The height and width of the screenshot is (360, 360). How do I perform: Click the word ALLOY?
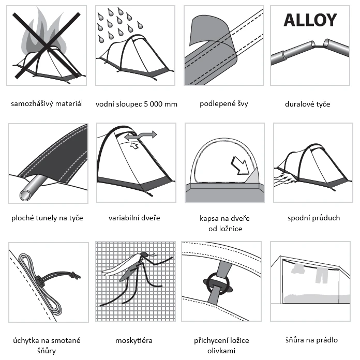(x=310, y=20)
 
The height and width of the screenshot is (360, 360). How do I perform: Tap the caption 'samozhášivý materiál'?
(x=47, y=104)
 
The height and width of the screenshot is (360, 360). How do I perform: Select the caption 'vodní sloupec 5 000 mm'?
(x=137, y=104)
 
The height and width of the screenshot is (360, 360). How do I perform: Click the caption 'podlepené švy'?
(x=224, y=104)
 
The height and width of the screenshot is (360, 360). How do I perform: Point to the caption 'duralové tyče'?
(x=307, y=104)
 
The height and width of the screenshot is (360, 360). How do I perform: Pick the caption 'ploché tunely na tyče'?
(x=47, y=218)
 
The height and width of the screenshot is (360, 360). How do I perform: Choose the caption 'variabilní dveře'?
(x=134, y=218)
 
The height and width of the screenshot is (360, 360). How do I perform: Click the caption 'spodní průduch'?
(x=313, y=218)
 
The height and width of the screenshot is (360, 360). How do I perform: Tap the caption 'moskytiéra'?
(x=134, y=340)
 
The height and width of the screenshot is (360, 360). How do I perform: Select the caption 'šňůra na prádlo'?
(x=311, y=340)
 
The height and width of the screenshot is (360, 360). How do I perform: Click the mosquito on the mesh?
(x=136, y=276)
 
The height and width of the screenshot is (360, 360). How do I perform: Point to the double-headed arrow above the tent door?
(x=141, y=135)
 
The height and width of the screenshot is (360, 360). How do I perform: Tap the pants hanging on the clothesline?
(x=322, y=275)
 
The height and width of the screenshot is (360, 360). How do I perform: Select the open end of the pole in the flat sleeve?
(x=25, y=195)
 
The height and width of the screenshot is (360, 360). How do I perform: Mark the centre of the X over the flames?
(x=47, y=45)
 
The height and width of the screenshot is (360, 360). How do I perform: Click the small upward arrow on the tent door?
(x=134, y=145)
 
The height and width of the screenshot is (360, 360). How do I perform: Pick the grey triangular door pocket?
(x=252, y=176)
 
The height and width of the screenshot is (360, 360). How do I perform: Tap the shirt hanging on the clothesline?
(x=298, y=268)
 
